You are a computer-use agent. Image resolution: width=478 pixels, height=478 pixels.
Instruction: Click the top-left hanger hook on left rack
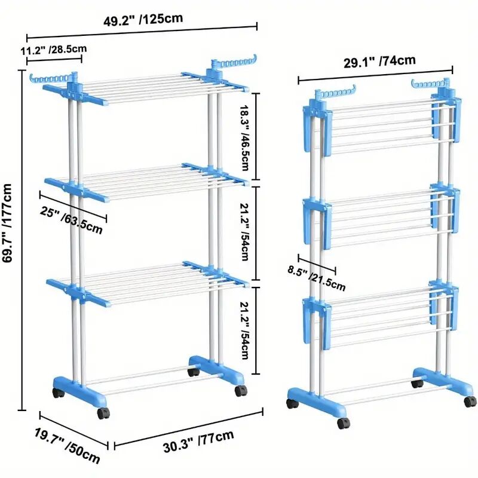(50, 78)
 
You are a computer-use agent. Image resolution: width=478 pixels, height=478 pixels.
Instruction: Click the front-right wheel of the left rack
(240, 391)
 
